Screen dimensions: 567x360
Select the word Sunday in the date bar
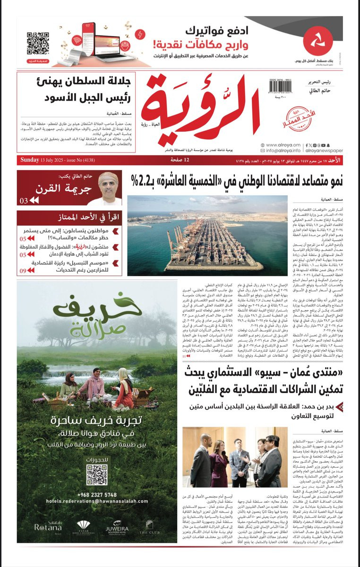point(30,160)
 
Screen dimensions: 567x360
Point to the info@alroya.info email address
point(283,151)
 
